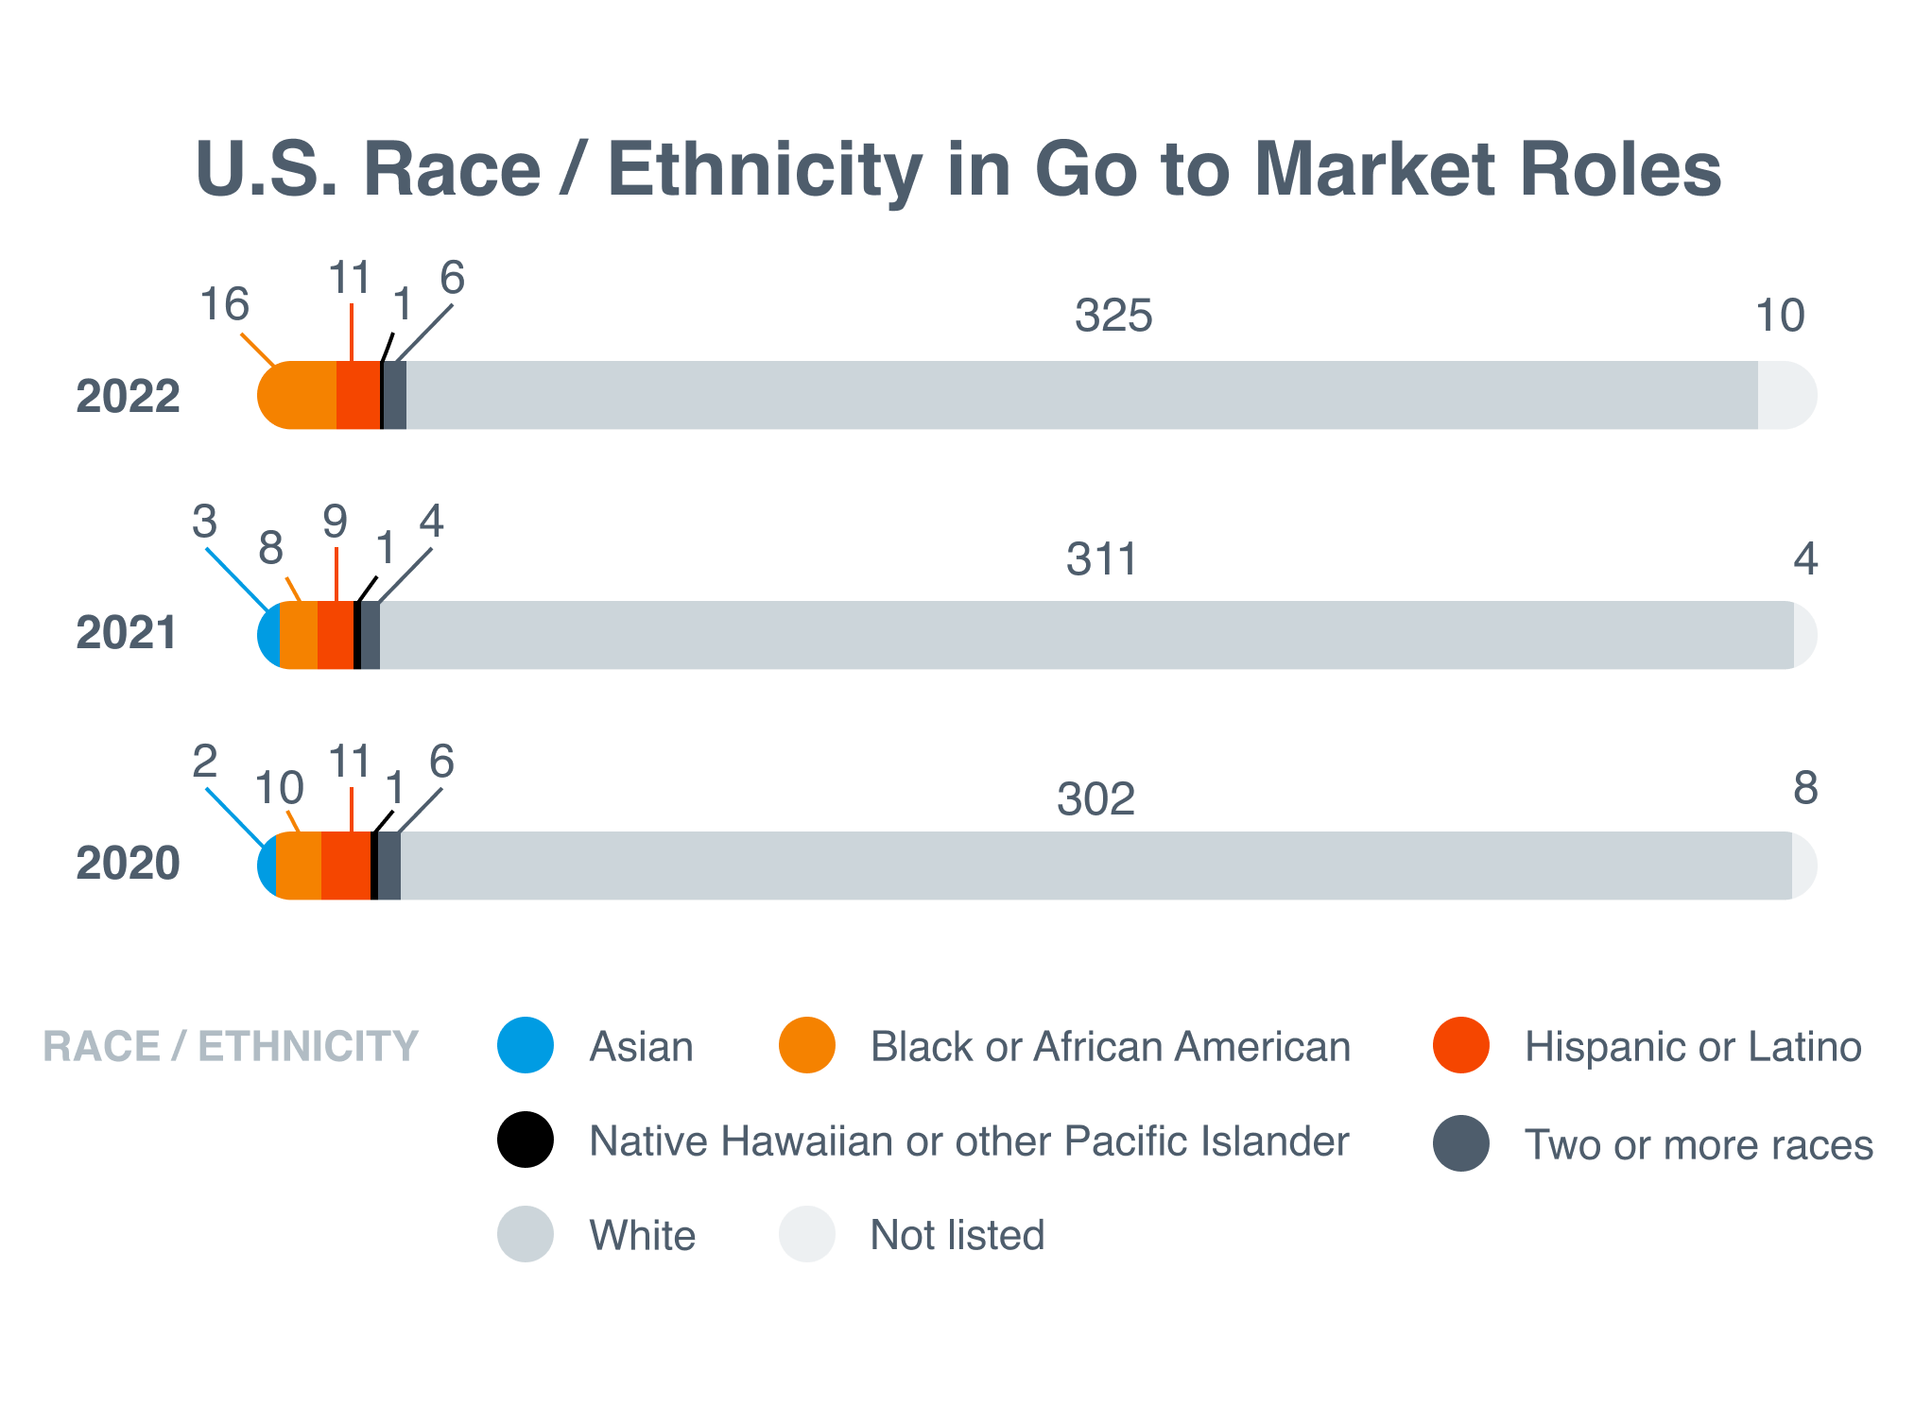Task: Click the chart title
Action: [x=958, y=170]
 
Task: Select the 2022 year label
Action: [x=128, y=396]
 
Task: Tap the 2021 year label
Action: [x=127, y=632]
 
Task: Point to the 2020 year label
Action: [x=128, y=863]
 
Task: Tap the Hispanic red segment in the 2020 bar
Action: [x=345, y=866]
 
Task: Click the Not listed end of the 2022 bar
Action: [x=1785, y=396]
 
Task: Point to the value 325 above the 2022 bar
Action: [x=1113, y=316]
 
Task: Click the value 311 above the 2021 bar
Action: [x=1101, y=559]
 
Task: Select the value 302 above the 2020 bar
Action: [x=1096, y=799]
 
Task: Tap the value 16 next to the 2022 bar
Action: [x=225, y=304]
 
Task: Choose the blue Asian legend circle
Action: [x=526, y=1045]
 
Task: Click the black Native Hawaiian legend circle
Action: [x=526, y=1140]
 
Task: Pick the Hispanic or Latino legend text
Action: [x=1693, y=1047]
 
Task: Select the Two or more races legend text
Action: [x=1699, y=1144]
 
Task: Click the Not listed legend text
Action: [x=957, y=1235]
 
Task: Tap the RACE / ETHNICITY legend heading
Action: [x=231, y=1046]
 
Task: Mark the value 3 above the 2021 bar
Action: [x=205, y=521]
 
